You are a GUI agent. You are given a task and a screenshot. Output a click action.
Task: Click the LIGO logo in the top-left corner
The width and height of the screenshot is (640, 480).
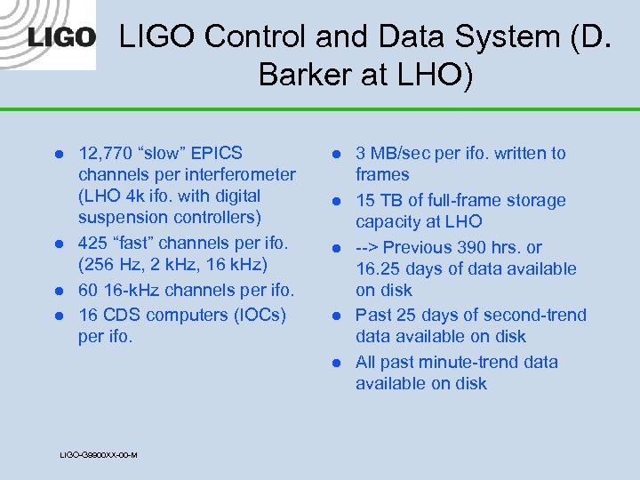point(61,37)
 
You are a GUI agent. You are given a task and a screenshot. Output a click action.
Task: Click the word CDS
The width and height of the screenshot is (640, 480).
point(124,316)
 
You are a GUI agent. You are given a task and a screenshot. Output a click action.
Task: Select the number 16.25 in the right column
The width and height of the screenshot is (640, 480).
point(379,268)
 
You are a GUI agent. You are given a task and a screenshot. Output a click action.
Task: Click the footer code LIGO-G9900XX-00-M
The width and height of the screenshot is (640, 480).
point(98,455)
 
